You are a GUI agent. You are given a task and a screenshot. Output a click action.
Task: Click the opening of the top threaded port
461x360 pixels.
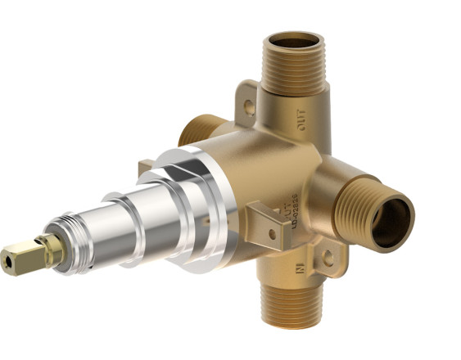(296, 40)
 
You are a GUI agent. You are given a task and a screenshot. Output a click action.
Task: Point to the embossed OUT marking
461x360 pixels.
(304, 124)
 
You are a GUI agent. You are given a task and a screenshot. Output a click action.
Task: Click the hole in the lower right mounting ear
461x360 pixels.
(328, 257)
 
